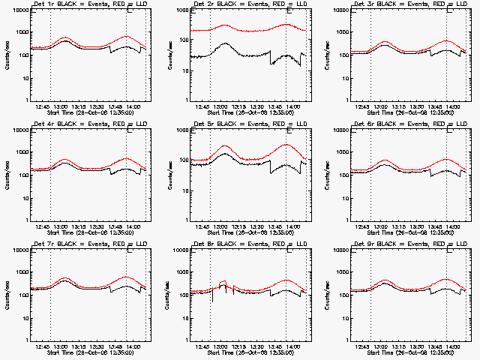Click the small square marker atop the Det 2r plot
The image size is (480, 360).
[290, 10]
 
